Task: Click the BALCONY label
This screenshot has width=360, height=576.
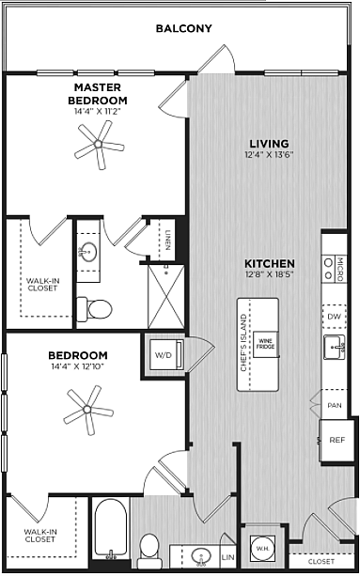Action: click(183, 28)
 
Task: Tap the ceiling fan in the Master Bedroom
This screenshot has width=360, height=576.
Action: click(99, 145)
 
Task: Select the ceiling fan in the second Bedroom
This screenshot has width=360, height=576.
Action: click(87, 410)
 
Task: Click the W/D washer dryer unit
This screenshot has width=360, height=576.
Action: click(166, 355)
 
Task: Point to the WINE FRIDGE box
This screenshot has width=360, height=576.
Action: click(265, 344)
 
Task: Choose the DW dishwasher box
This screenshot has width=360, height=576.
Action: click(334, 317)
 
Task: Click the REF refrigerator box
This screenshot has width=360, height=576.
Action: click(333, 440)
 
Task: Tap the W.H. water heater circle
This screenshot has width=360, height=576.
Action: click(261, 549)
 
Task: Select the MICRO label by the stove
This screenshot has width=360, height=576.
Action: click(339, 269)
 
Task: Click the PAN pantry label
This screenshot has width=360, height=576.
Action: click(335, 406)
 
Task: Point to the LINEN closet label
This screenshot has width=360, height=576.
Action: click(167, 240)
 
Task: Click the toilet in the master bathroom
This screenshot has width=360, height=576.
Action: click(94, 309)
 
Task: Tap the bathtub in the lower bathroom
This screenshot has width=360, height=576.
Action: click(111, 528)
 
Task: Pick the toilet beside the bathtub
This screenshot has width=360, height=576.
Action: click(149, 551)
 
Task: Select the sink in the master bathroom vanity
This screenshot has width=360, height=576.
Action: click(88, 252)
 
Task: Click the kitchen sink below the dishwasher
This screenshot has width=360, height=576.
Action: click(334, 347)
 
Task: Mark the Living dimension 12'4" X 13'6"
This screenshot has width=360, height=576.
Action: click(269, 155)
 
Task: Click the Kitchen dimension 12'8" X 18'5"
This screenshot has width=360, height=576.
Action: click(270, 274)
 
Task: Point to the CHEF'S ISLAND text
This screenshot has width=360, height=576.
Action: click(243, 343)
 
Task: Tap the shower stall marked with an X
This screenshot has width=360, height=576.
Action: click(166, 296)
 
